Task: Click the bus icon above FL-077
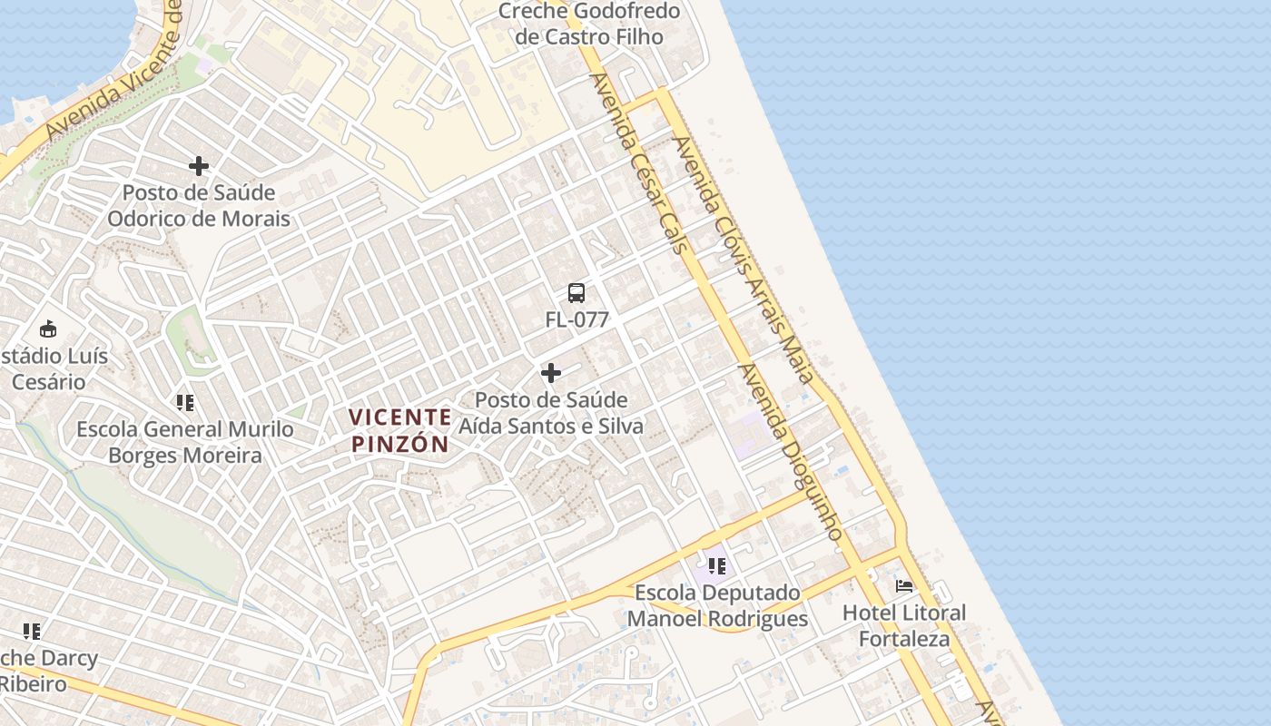point(576,293)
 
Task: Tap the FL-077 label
point(576,319)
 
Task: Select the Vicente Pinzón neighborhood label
point(400,430)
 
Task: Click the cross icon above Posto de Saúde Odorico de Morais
point(199,166)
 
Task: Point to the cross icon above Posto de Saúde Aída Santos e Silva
point(550,373)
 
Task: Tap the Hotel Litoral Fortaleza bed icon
point(904,586)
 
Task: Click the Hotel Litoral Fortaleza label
point(904,625)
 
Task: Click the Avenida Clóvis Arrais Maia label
point(741,258)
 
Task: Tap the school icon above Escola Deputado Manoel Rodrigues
point(716,566)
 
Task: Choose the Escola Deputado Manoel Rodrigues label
point(717,606)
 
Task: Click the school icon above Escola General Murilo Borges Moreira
point(185,402)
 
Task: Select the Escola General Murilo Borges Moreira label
point(185,442)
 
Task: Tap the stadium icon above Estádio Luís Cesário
point(48,329)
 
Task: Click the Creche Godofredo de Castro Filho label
point(589,25)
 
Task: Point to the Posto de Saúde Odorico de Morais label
point(199,206)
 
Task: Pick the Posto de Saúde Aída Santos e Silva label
point(551,413)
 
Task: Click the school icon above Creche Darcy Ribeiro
point(32,631)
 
